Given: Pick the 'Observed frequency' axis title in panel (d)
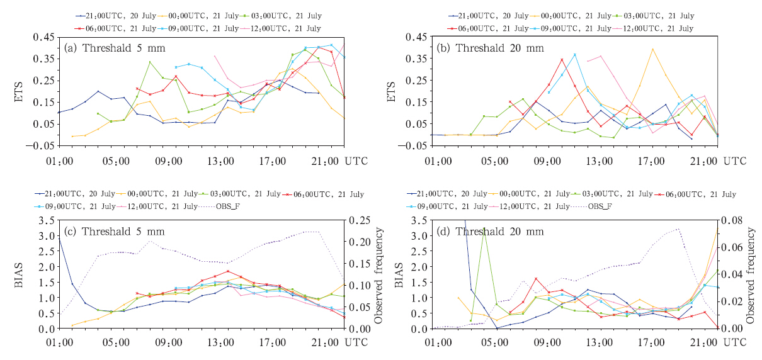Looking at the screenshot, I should (751, 274).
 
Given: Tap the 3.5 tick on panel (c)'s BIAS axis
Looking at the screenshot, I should (45, 220).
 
